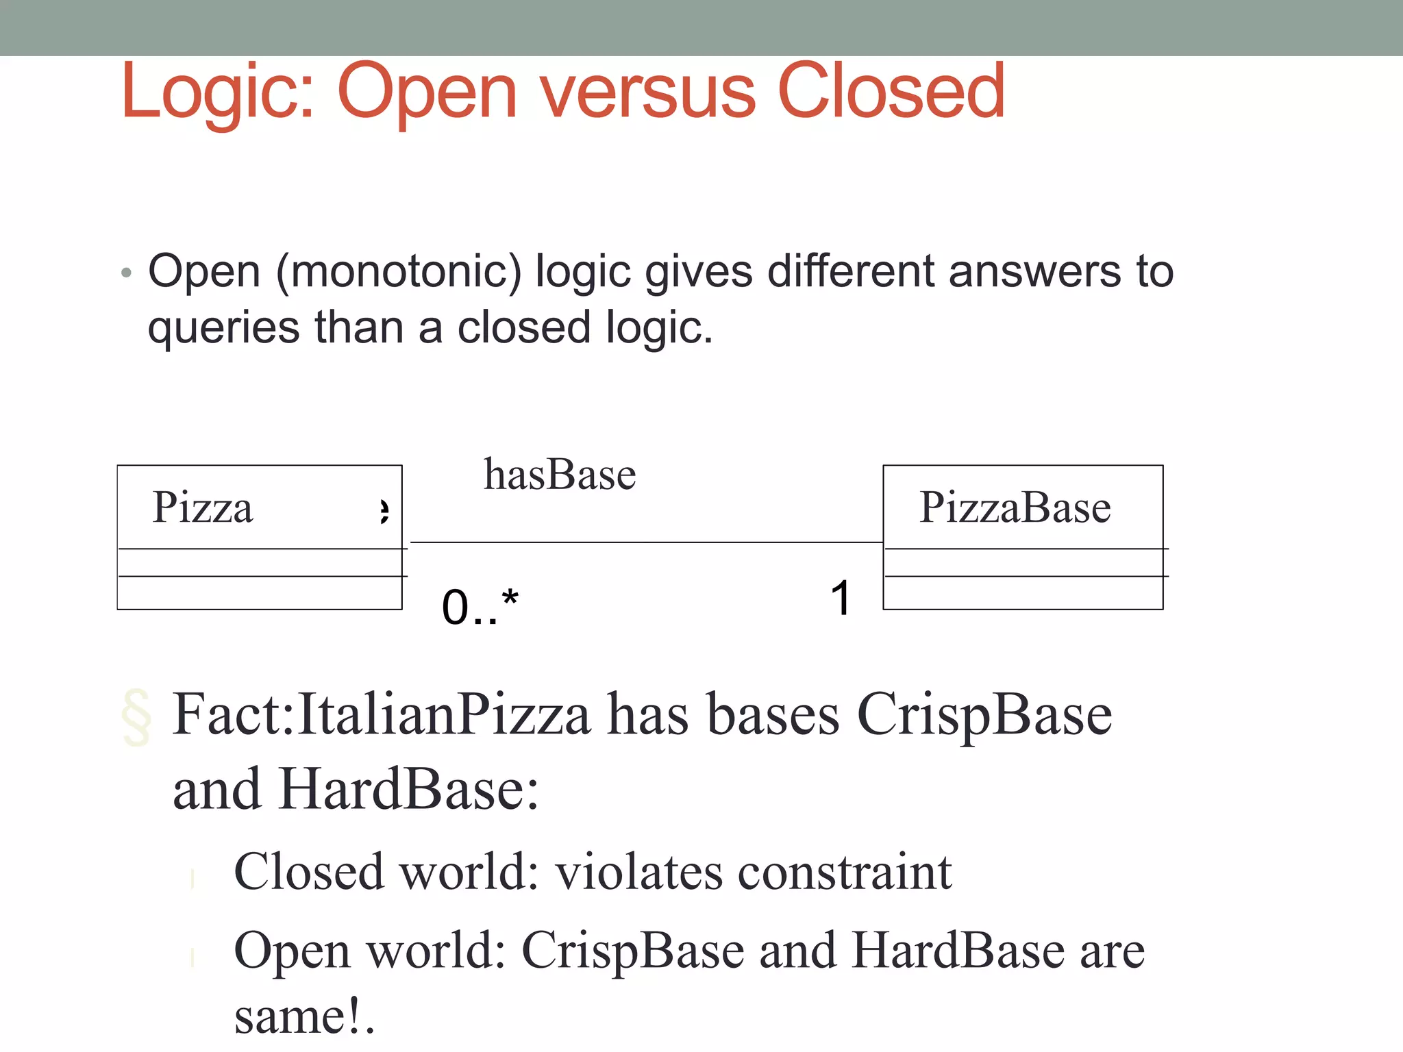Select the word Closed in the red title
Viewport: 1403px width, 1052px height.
pyautogui.click(x=891, y=92)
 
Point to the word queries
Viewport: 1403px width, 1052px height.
pyautogui.click(x=223, y=328)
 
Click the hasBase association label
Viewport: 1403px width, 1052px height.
pyautogui.click(x=560, y=475)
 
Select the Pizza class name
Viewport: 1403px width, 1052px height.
pyautogui.click(x=203, y=508)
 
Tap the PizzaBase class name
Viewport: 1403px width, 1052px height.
pyautogui.click(x=1015, y=508)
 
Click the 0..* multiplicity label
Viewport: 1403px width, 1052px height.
pyautogui.click(x=480, y=606)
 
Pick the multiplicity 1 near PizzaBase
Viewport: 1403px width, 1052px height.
pyautogui.click(x=841, y=598)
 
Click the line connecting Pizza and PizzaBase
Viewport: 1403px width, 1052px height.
pyautogui.click(x=644, y=542)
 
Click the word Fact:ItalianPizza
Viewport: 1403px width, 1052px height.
pyautogui.click(x=381, y=714)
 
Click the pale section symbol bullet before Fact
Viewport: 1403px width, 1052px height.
pyautogui.click(x=136, y=717)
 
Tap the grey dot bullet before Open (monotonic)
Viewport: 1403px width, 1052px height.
pyautogui.click(x=125, y=273)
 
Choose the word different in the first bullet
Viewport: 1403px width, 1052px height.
pyautogui.click(x=851, y=272)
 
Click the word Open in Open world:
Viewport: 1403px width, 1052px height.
pyautogui.click(x=293, y=952)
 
